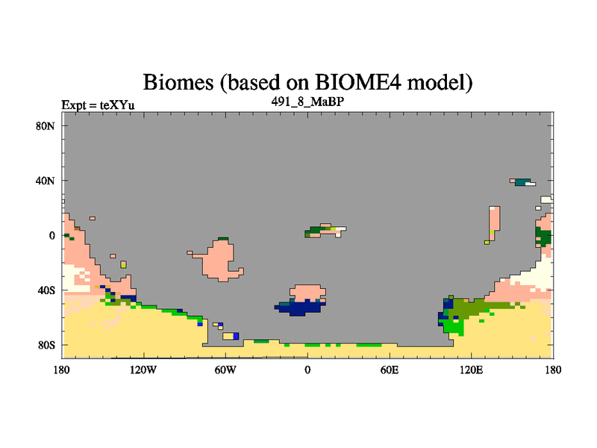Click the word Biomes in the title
point(178,82)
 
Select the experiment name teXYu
point(117,105)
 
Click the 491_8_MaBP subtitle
point(307,102)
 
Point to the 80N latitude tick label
point(46,126)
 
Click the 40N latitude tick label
point(46,181)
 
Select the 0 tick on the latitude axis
point(51,235)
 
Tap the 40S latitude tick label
point(46,290)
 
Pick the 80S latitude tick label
point(46,345)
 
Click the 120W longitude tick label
point(143,370)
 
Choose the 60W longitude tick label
point(225,370)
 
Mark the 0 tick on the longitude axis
point(307,370)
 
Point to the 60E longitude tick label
point(390,370)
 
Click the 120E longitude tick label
point(472,370)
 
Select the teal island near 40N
point(522,182)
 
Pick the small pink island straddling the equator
point(324,230)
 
